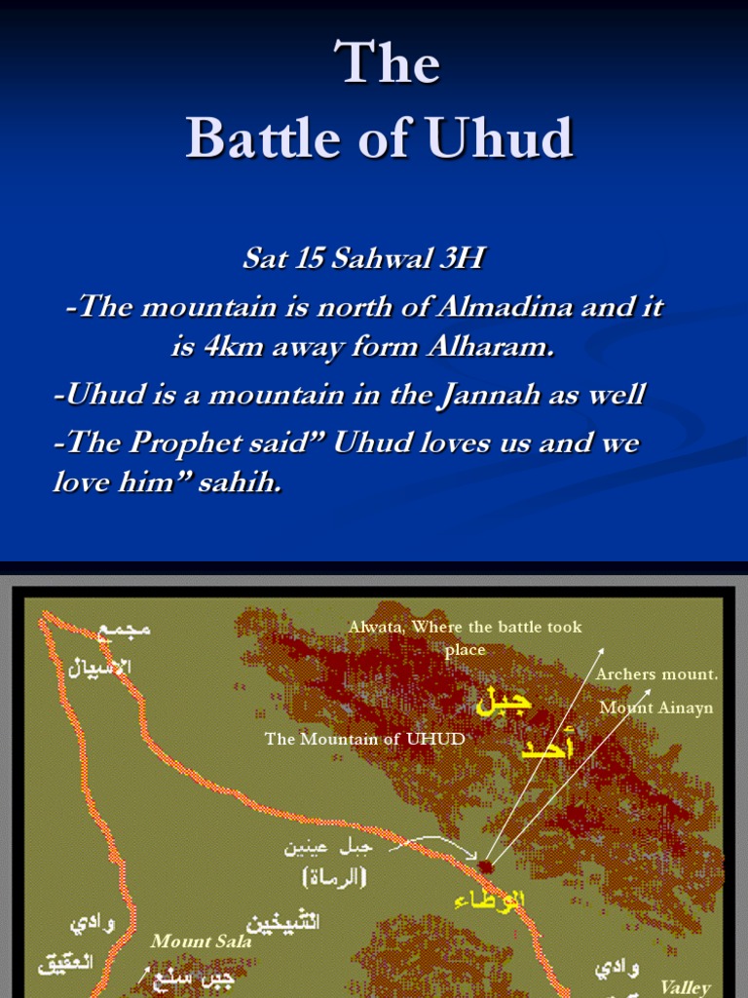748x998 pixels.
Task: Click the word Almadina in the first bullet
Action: coord(508,307)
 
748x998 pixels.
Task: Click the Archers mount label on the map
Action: coord(656,673)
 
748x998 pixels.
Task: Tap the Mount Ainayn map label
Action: coord(656,708)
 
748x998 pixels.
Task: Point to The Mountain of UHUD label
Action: coord(364,739)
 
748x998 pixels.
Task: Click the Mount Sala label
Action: coord(201,941)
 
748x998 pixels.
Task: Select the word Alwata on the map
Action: coord(377,627)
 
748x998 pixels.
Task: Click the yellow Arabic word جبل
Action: coord(504,703)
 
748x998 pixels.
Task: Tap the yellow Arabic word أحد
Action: coord(547,748)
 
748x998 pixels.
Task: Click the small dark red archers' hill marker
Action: coord(485,864)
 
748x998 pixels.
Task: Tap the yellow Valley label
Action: coord(686,986)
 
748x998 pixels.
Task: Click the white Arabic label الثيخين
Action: coord(282,922)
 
